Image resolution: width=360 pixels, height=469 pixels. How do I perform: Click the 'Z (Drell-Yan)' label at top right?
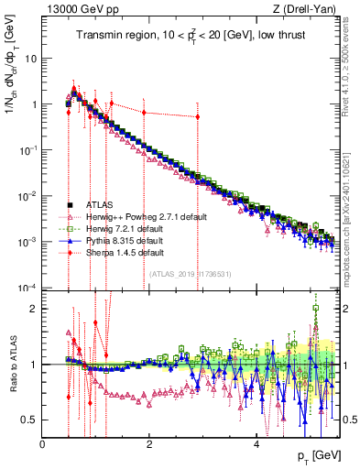coord(307,9)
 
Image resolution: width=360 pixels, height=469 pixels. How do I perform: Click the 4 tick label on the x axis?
coord(256,444)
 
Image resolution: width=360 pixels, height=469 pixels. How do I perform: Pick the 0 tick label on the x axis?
coord(43,444)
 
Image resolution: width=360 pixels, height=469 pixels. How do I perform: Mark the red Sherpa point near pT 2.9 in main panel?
coord(197,116)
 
